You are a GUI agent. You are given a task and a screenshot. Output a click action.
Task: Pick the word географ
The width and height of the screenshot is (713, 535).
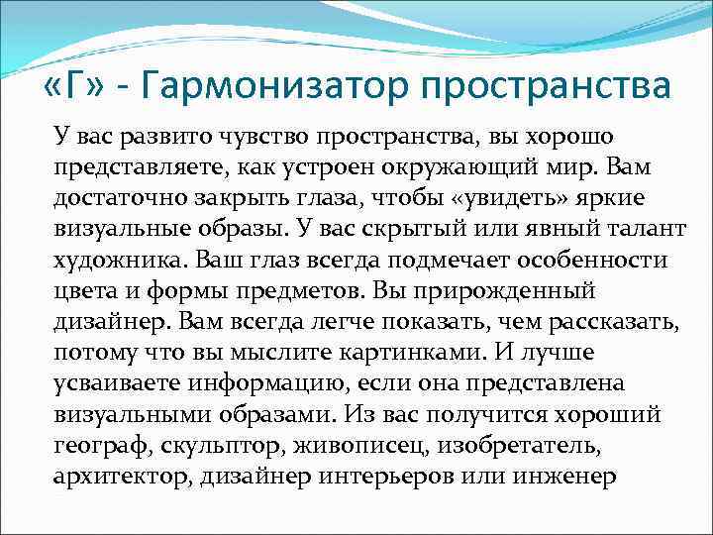[x=93, y=445]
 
